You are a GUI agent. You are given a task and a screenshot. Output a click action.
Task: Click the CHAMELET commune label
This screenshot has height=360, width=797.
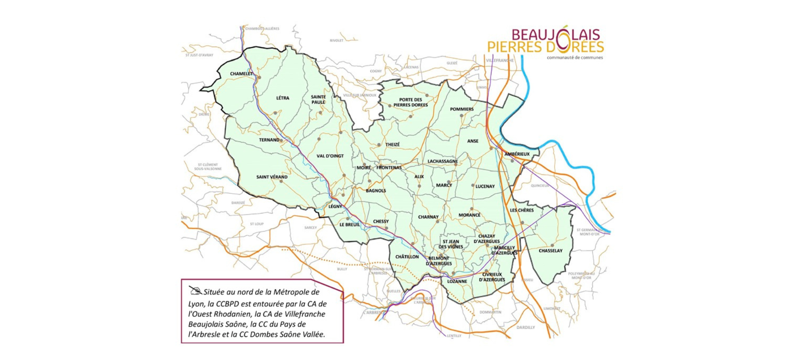coord(241,73)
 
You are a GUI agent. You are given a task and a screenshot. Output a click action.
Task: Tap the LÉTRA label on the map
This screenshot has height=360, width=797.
coord(283,98)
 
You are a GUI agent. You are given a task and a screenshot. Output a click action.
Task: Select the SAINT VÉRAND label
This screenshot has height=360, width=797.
coord(272,177)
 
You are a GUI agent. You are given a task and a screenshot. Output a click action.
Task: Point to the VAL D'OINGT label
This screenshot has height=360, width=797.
coord(330,156)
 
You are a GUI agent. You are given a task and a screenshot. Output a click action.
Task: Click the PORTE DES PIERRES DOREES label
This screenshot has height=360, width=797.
coord(410,102)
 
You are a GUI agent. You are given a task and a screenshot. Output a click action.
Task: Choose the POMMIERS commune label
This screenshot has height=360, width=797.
coord(462,109)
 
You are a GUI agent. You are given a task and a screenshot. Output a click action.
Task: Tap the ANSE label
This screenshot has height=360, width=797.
coord(473,141)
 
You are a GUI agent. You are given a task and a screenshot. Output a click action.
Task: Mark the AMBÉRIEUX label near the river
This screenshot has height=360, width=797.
coord(517,154)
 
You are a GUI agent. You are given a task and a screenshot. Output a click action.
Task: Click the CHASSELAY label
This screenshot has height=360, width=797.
coord(550,251)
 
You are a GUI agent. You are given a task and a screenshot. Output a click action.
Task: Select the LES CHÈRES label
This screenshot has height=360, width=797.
coord(522,211)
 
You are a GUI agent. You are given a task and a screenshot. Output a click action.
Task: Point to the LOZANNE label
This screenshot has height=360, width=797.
coord(457,282)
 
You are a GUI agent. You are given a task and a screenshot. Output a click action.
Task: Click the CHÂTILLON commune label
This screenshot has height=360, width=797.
coord(407,257)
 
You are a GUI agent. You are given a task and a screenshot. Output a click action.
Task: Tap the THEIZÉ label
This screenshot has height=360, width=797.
coord(392,144)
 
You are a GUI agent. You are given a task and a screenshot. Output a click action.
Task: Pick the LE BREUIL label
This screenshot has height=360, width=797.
coord(350,225)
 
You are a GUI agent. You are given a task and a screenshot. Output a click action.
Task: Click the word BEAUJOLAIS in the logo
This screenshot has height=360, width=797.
coord(555,34)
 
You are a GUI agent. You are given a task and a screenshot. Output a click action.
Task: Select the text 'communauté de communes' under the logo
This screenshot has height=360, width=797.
coord(575,58)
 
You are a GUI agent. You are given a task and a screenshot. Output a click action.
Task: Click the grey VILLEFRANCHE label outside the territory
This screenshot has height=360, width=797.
coord(500,60)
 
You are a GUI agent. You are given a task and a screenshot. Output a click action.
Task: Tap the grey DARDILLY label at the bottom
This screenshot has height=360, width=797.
coord(526,328)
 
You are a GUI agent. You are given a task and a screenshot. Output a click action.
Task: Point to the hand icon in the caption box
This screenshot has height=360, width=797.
coord(195,290)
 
